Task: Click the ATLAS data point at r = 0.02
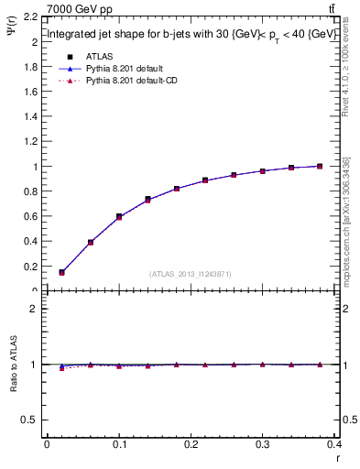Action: [x=61, y=272]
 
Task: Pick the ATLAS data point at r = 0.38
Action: [x=320, y=166]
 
